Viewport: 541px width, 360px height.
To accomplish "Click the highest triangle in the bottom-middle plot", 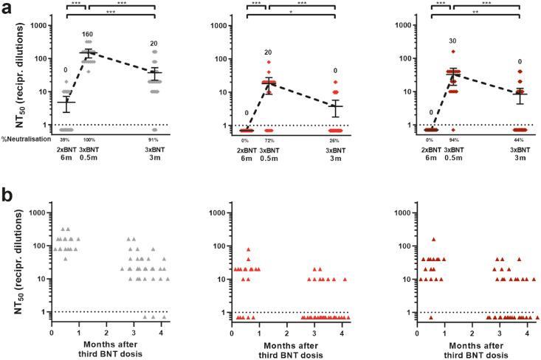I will tap(249, 249).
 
